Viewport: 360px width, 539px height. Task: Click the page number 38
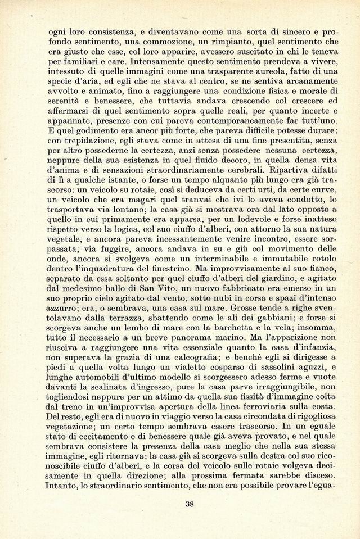tap(190, 504)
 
